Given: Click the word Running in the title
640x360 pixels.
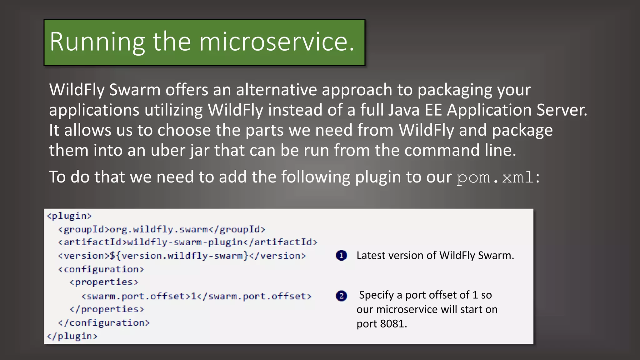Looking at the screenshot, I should click(97, 42).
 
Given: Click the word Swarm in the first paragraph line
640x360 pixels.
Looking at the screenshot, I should click(135, 90).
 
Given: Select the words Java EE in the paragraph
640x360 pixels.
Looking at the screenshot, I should click(412, 110).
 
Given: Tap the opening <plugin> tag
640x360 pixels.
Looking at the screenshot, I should click(69, 216).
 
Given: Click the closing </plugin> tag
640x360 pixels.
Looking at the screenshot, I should click(72, 336).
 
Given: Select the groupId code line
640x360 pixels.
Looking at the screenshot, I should click(162, 229).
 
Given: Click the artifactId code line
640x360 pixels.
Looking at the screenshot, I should click(187, 242).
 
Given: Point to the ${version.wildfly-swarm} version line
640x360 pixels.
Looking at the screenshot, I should click(182, 256).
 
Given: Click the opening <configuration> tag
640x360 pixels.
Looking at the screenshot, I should click(101, 269).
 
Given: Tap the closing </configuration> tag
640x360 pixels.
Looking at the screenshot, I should click(104, 322).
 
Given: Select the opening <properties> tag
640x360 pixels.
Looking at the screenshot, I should click(104, 282).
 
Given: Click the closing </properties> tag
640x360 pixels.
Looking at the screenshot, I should click(107, 309).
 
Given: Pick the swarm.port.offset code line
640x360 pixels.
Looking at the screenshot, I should click(196, 296).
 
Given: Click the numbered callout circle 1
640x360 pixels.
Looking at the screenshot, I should click(341, 256).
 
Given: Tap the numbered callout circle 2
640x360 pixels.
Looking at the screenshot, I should click(341, 296).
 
